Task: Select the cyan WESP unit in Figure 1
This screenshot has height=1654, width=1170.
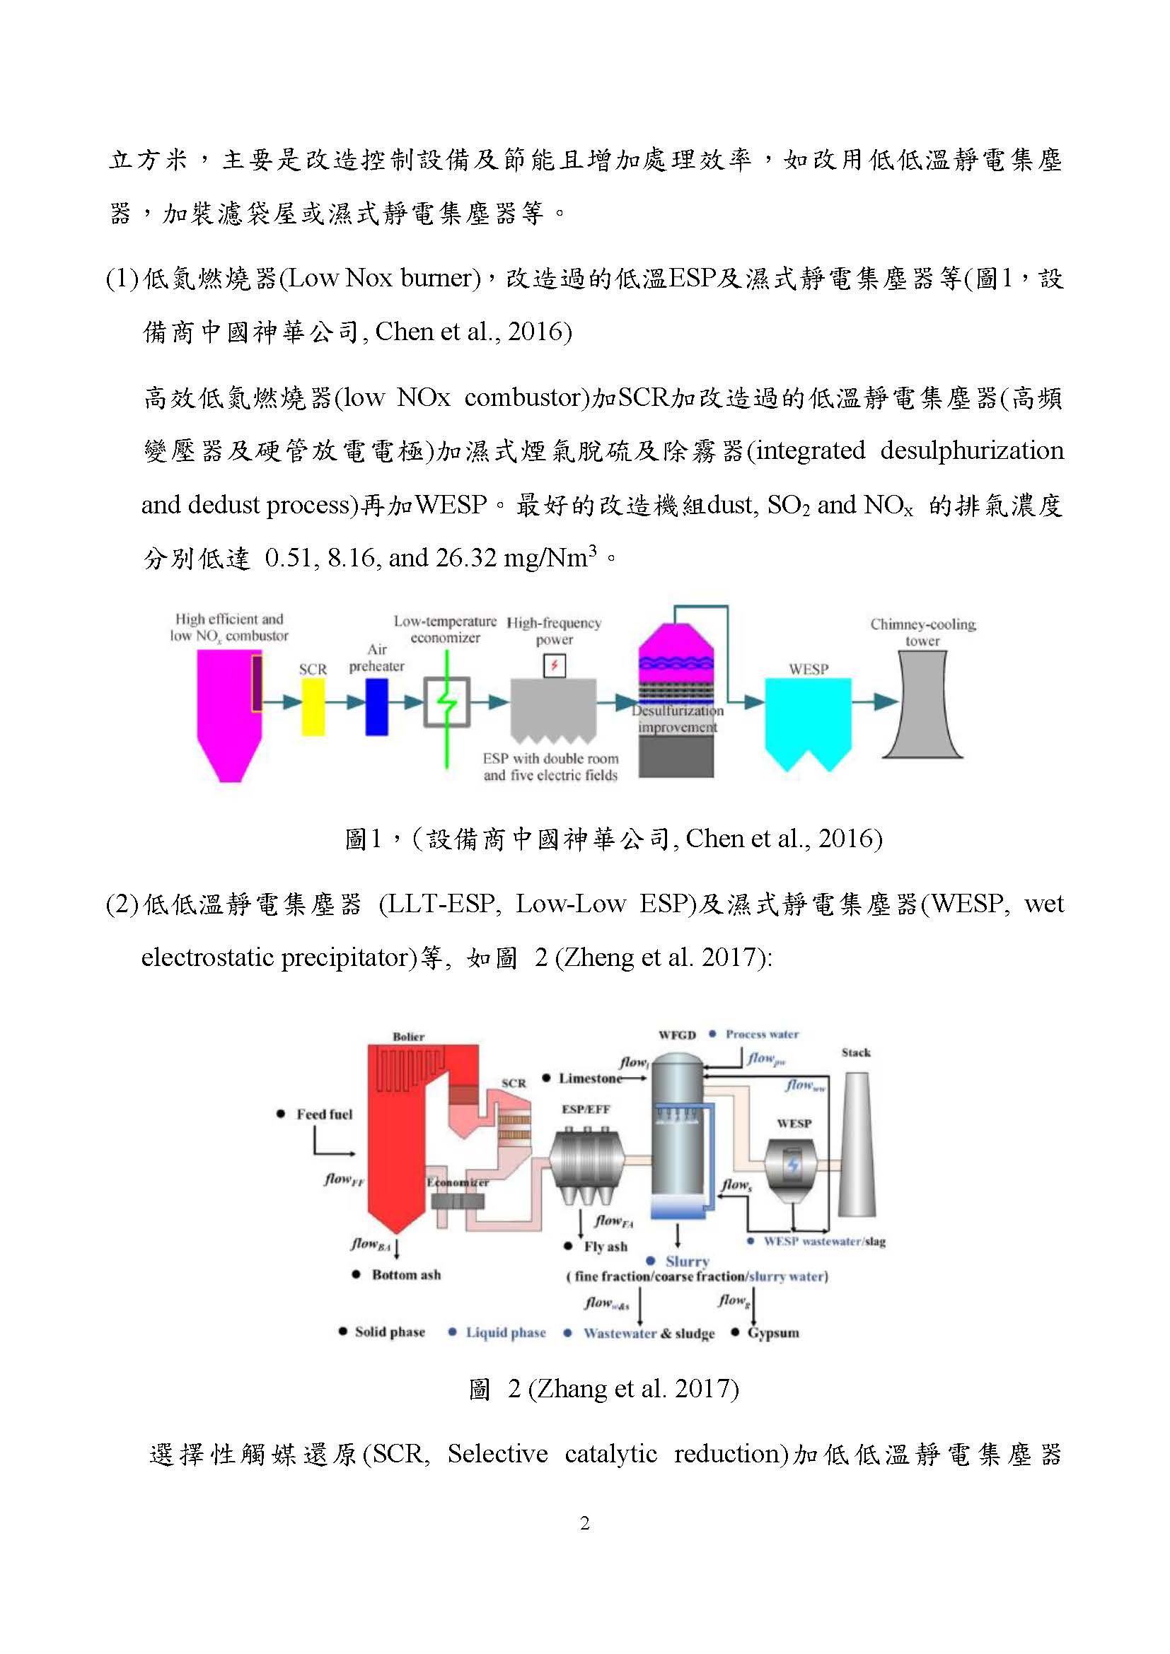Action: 808,721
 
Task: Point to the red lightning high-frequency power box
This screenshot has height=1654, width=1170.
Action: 554,665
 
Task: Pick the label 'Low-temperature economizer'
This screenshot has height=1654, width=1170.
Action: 444,629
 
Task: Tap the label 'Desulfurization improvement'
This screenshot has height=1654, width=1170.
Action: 677,718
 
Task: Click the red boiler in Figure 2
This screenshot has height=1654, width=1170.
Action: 403,1138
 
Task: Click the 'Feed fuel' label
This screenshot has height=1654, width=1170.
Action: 324,1114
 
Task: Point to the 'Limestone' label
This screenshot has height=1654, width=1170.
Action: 590,1078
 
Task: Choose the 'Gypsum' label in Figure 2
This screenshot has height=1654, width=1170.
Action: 773,1333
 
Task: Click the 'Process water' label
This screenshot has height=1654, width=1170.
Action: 762,1035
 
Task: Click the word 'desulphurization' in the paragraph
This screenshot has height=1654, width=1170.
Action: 971,450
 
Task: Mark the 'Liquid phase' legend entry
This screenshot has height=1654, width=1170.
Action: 505,1333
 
